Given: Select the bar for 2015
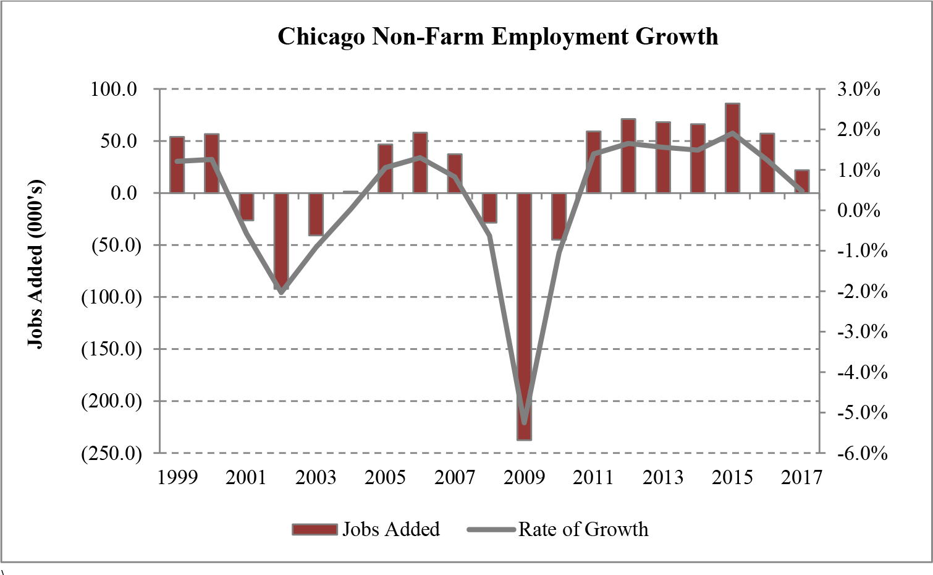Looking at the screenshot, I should pos(732,148).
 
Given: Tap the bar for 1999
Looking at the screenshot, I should pos(177,165).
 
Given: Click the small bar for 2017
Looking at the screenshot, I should pos(801,181).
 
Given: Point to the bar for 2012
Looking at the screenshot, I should pos(628,156).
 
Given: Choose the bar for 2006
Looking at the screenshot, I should pos(420,163).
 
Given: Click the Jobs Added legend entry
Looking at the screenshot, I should pos(366,529).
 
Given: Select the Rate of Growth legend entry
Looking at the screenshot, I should pos(559,529).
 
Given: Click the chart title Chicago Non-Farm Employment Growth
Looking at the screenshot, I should pos(497,36).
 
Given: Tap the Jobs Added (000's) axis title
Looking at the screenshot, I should pos(36,265).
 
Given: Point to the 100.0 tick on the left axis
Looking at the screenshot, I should pos(114,89).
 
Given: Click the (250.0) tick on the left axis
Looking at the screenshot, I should pos(112,453).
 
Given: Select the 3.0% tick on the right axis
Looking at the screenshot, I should pos(859,89).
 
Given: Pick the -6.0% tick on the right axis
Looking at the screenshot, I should pos(862,453).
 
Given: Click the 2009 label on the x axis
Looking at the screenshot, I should pos(524,477).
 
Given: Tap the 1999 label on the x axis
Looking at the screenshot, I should pos(177,477).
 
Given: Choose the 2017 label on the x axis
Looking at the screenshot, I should pos(801,477).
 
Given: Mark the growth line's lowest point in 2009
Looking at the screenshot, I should pos(525,422).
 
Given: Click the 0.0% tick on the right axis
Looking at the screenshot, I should pos(859,210).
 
